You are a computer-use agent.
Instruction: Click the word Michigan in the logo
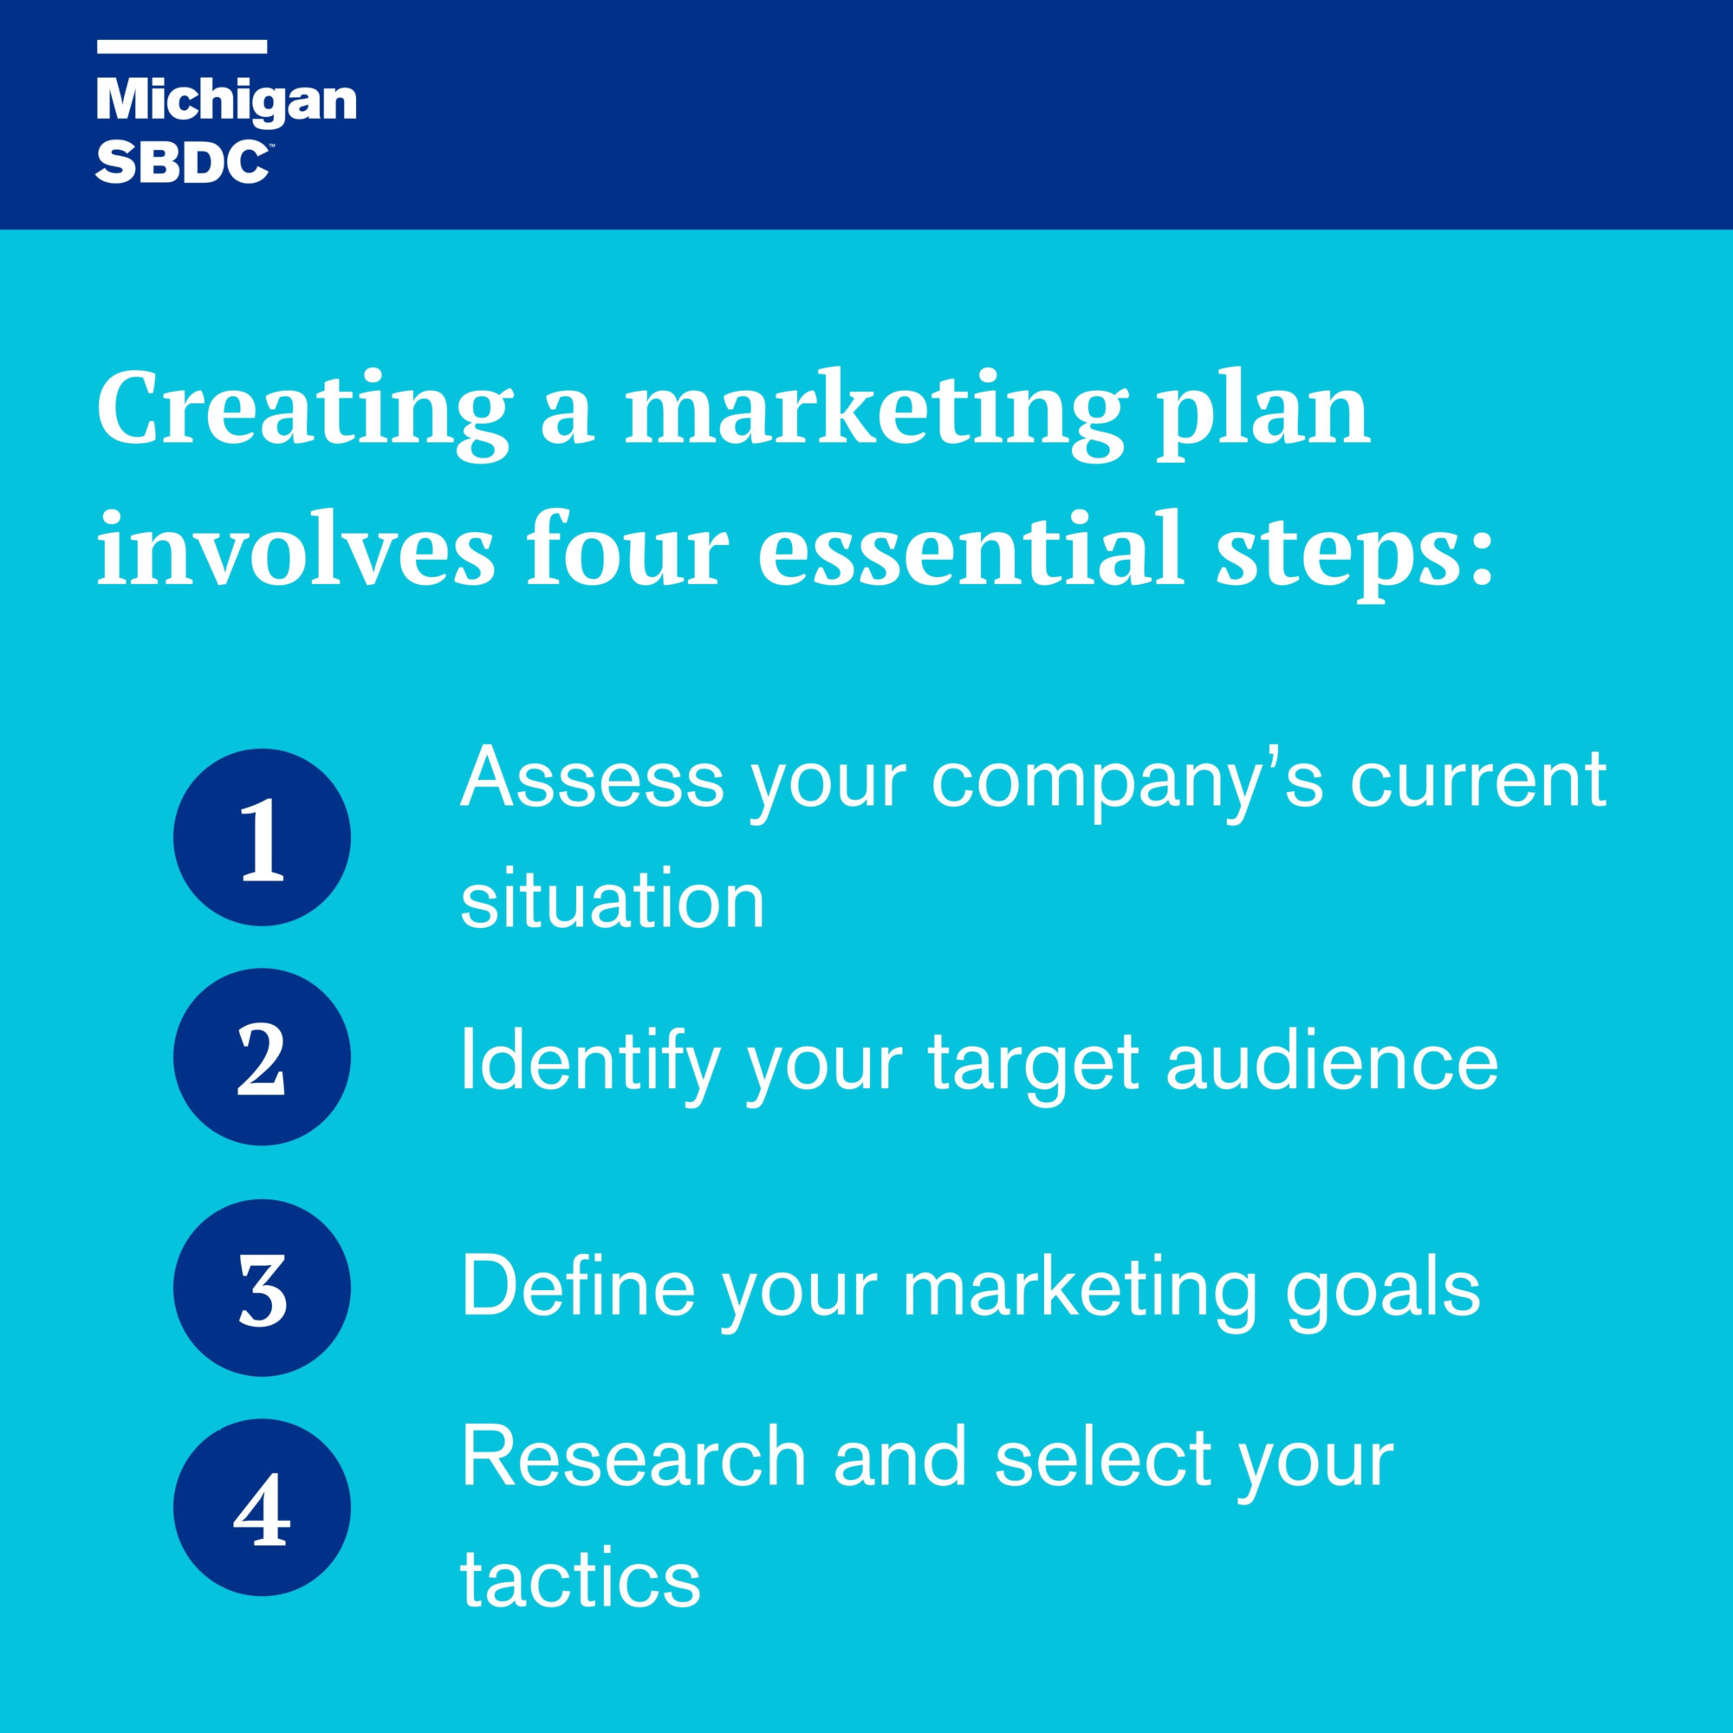tap(226, 101)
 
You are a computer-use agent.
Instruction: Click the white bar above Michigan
tap(182, 47)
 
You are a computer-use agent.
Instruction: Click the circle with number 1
tap(262, 837)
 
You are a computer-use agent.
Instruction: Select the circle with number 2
tap(262, 1056)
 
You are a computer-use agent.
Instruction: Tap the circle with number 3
tap(262, 1288)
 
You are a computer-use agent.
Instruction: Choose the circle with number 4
tap(262, 1507)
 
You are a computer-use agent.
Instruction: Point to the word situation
tap(613, 899)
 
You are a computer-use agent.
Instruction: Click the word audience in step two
tap(1333, 1062)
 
